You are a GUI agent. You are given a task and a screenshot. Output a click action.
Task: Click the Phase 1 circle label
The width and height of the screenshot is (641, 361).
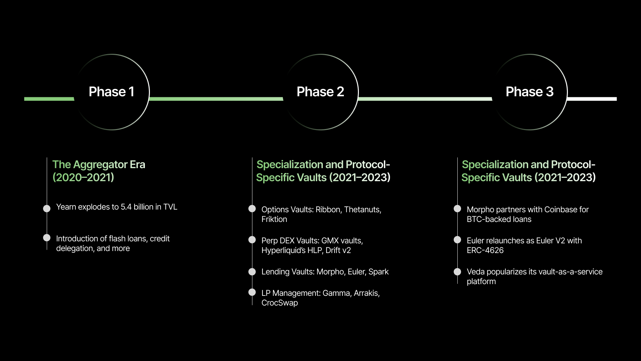[112, 92]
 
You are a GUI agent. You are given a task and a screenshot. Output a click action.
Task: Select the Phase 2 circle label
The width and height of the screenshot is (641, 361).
[320, 92]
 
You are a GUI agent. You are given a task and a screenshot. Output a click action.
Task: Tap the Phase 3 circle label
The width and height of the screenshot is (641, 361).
[529, 92]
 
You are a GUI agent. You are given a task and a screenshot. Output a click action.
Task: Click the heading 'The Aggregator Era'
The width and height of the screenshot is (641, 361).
[99, 164]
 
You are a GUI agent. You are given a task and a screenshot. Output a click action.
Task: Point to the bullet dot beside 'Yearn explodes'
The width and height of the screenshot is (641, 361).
[47, 209]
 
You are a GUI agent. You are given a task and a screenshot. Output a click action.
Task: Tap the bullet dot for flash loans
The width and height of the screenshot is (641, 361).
[47, 238]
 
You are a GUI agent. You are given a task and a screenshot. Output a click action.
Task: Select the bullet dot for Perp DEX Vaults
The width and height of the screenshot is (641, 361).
[252, 240]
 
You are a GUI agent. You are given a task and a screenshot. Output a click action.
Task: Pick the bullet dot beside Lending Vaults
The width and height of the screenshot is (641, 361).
[252, 272]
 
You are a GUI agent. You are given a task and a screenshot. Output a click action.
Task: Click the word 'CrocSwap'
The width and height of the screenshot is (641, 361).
[280, 303]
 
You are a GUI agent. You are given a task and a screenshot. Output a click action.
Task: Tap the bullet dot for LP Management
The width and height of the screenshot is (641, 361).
[252, 292]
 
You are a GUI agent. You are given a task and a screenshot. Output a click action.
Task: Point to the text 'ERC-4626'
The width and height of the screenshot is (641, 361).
[485, 250]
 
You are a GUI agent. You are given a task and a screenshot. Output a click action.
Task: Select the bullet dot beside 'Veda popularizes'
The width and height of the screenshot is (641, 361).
[457, 272]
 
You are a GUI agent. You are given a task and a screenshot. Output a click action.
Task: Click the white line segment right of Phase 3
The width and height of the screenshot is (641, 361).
[592, 99]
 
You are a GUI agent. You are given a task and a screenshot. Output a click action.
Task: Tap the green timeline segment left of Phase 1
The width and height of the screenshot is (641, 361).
[49, 99]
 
